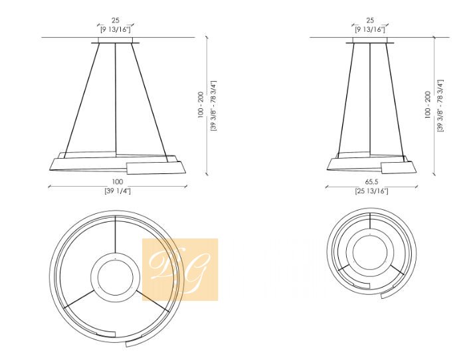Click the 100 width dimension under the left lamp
pos(118,182)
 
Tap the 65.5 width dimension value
pos(372,182)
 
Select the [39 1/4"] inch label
pos(118,191)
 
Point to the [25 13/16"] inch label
pos(372,191)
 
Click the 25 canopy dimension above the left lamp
pos(116,21)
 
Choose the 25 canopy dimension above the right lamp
pos(370,21)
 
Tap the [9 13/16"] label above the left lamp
pos(116,29)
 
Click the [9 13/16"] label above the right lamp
pos(370,29)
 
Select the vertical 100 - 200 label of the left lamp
pos(201,104)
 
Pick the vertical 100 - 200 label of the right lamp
pos(428,104)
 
